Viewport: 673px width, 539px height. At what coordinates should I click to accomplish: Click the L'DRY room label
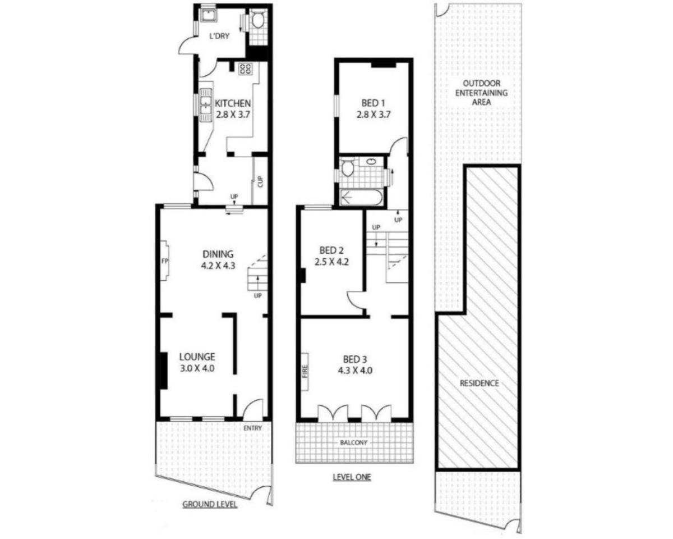click(219, 36)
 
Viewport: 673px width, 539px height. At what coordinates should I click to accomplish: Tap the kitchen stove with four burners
click(245, 69)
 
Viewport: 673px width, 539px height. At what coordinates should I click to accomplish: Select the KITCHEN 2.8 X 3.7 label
click(233, 109)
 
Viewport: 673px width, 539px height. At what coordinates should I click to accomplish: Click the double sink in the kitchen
click(206, 105)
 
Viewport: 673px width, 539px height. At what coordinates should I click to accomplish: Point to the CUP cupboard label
click(260, 182)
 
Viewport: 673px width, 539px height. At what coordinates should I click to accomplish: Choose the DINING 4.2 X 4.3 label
click(218, 259)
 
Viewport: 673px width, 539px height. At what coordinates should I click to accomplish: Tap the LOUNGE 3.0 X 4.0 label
click(197, 362)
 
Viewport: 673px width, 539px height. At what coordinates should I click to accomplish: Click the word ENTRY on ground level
click(253, 428)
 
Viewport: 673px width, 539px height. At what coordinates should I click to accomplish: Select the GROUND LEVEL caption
click(210, 504)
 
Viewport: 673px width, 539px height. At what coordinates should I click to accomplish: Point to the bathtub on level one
click(361, 198)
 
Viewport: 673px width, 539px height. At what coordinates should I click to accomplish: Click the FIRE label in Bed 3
click(305, 372)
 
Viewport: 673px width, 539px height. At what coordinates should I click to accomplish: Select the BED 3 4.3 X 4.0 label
click(355, 365)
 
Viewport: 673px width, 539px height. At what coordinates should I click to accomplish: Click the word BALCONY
click(354, 442)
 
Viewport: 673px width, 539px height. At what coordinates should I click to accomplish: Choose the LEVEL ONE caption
click(352, 477)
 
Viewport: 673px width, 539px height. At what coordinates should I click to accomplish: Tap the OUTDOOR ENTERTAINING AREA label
click(481, 93)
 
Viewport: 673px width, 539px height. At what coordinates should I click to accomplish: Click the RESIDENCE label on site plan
click(479, 383)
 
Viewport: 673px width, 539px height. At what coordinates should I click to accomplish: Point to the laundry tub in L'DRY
click(208, 15)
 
